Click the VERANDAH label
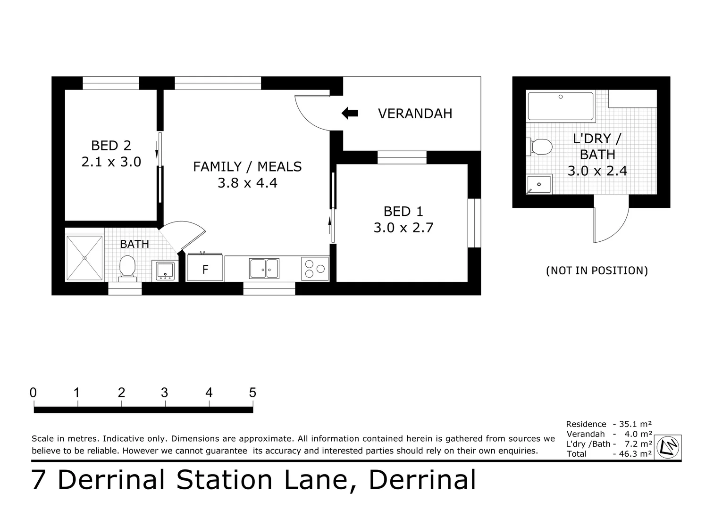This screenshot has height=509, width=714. pos(415,114)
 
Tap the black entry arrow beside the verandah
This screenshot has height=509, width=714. pos(350,113)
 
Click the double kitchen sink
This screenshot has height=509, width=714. pos(264,269)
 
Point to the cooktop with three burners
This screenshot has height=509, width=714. pos(315,269)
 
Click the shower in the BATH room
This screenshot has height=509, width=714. pos(84,258)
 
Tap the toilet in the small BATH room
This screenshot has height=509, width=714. pos(127,268)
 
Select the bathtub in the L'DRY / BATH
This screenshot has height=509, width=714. pos(561,107)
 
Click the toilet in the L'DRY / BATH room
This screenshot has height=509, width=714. pos(539,147)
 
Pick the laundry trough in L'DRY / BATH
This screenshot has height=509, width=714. pos(539,184)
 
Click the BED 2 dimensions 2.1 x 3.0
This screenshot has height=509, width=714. pos(111,162)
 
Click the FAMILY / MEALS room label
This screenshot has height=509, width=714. pos(247,167)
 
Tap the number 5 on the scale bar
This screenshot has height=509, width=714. pos(252,393)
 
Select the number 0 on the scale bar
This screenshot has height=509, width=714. pos(33,393)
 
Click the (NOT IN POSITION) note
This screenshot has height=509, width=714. pos(597,271)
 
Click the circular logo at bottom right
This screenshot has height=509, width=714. pos(668,447)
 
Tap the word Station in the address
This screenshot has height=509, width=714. pos(224,480)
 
